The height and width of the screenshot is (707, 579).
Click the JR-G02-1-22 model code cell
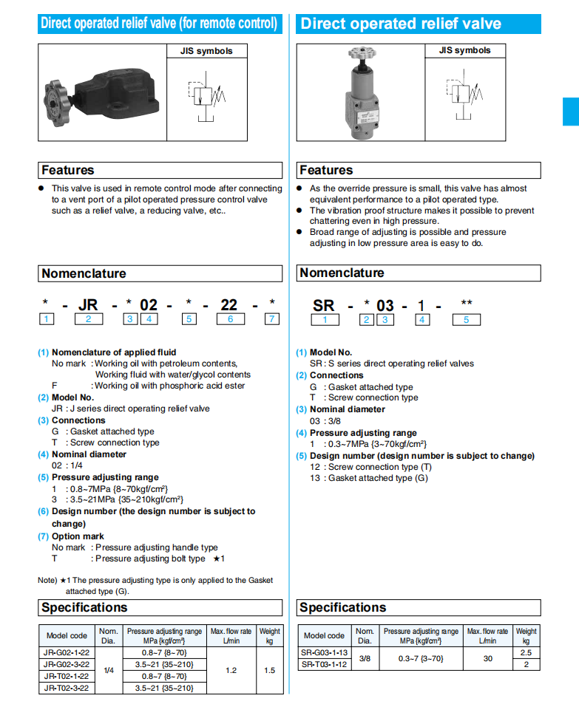[67, 653]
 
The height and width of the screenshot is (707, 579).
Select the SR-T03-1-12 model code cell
[324, 664]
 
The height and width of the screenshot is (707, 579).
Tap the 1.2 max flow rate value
[231, 670]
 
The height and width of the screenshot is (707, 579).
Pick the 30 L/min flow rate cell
[487, 658]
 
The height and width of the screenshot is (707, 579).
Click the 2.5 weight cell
[526, 653]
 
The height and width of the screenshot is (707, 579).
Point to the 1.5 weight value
[270, 670]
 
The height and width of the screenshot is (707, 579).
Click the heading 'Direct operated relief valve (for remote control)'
[160, 24]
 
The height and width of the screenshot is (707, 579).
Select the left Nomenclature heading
[84, 273]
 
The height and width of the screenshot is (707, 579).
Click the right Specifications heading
[342, 607]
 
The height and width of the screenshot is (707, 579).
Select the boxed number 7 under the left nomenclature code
[272, 319]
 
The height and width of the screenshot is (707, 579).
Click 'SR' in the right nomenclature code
[324, 305]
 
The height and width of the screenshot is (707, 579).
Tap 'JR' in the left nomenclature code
[88, 304]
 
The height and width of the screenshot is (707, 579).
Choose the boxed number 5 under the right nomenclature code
[466, 320]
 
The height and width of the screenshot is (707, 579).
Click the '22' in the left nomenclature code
[229, 304]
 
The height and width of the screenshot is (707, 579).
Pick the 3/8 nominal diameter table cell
[365, 658]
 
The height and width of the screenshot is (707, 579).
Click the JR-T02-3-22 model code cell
[67, 688]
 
